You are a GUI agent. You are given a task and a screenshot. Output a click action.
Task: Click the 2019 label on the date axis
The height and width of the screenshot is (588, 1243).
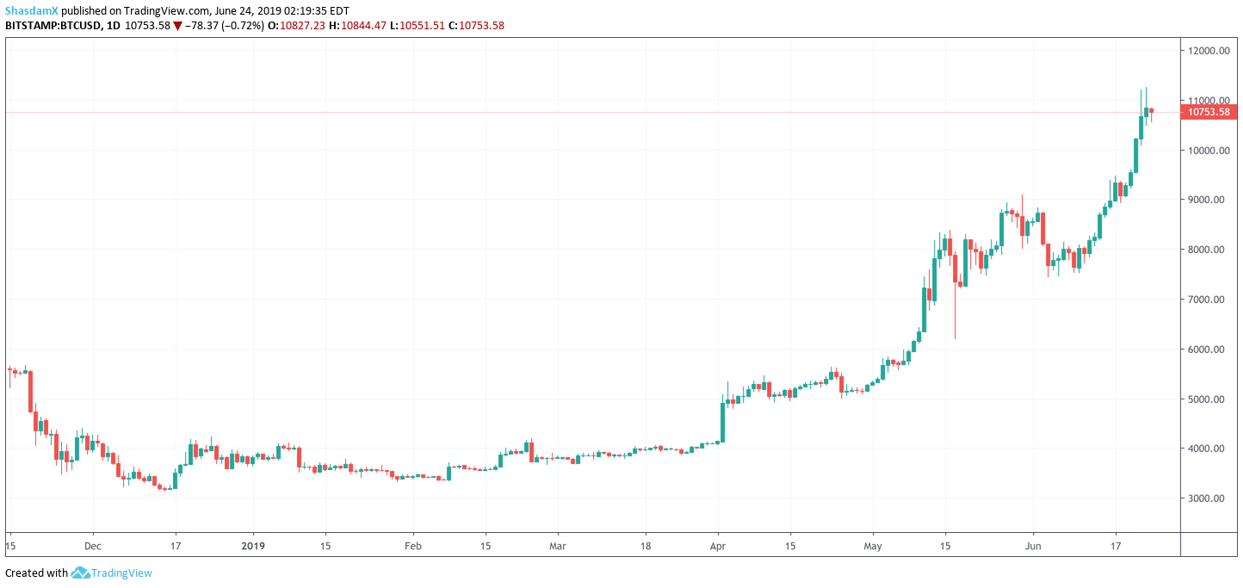click(x=253, y=546)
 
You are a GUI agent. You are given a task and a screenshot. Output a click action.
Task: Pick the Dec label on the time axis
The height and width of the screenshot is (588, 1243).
click(x=93, y=546)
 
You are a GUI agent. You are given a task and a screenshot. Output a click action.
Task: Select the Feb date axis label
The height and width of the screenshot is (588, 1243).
click(x=413, y=546)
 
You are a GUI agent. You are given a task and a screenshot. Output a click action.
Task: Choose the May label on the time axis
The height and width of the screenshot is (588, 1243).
click(x=874, y=546)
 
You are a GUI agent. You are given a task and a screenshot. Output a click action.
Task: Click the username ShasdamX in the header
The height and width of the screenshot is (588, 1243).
click(x=32, y=9)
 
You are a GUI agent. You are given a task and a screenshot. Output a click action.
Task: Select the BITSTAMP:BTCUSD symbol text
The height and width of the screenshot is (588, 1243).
click(x=53, y=26)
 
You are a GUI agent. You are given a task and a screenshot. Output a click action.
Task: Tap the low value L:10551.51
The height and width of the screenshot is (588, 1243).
click(x=416, y=26)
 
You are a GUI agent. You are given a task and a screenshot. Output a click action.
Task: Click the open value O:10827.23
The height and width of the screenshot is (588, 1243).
click(x=296, y=26)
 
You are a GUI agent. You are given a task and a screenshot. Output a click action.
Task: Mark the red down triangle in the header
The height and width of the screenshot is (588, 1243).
click(x=177, y=26)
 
